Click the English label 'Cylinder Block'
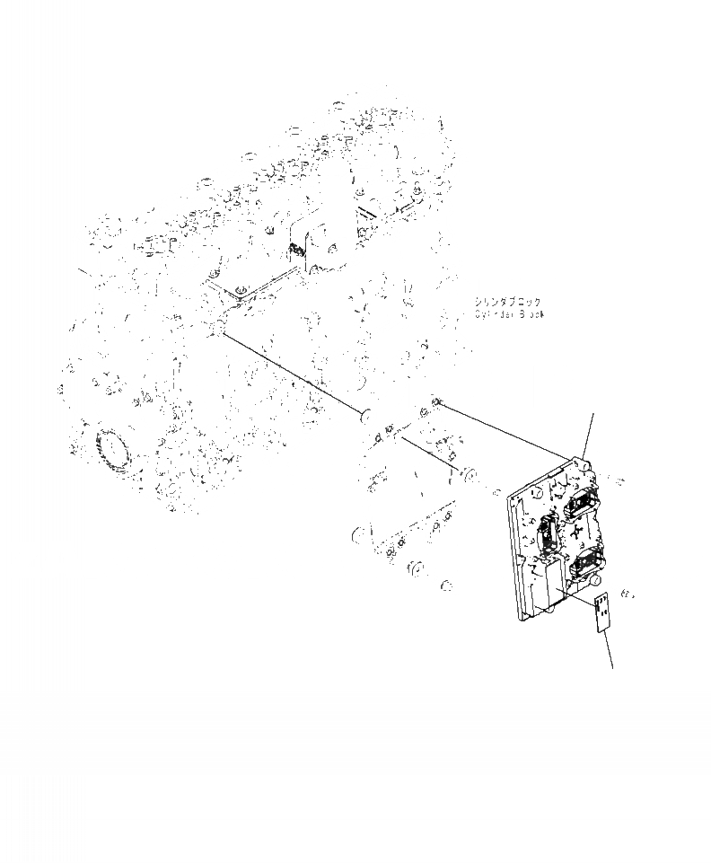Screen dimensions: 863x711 [509, 314]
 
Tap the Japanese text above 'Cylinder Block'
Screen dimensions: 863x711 [509, 303]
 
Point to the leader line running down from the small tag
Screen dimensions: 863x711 [610, 648]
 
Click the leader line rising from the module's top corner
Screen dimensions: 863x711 [588, 436]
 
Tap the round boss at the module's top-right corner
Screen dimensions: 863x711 [584, 467]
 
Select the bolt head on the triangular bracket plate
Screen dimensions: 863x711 [239, 290]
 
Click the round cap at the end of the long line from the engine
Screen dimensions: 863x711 [364, 417]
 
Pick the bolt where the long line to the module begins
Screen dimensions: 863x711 [436, 402]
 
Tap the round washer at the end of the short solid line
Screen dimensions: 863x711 [469, 473]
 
